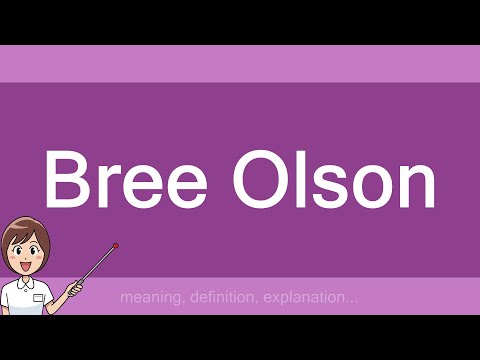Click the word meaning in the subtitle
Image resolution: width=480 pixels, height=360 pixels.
145,297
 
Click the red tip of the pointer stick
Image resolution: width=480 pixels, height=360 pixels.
117,244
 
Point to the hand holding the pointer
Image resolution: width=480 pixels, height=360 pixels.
73,288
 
